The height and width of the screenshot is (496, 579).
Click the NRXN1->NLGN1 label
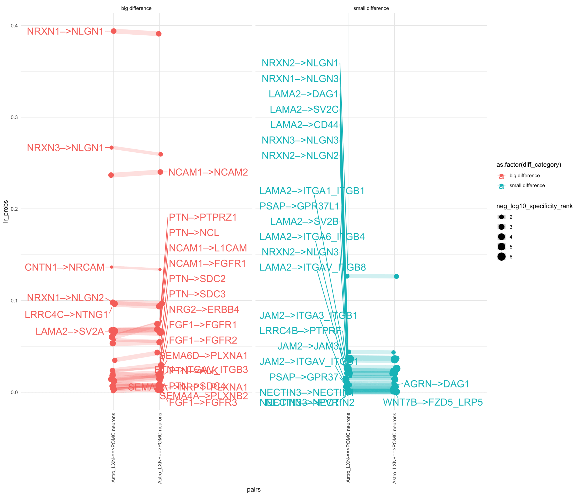[65, 31]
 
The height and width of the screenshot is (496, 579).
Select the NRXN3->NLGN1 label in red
[65, 148]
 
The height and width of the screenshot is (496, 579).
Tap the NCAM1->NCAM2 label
[208, 172]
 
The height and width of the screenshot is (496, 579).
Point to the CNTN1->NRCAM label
[65, 267]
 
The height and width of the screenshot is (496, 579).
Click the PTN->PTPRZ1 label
[203, 217]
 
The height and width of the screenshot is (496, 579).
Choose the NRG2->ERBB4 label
[204, 309]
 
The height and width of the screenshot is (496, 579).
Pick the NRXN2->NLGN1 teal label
[300, 63]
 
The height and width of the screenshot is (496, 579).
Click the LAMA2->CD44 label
[304, 125]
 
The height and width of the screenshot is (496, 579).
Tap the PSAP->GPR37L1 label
[299, 206]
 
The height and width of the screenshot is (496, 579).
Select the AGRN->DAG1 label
[437, 384]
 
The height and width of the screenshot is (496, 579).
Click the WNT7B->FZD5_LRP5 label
[433, 402]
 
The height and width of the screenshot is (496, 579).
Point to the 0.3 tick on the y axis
[14, 117]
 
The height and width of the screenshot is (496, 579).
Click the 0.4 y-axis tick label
[14, 26]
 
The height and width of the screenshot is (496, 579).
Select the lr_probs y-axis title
[6, 211]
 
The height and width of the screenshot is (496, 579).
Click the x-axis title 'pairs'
[254, 490]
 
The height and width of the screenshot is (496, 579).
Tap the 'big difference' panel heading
[136, 8]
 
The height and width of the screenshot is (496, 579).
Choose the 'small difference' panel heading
[371, 8]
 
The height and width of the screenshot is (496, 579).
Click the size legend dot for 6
[502, 257]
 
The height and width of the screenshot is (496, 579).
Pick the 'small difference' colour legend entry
[527, 185]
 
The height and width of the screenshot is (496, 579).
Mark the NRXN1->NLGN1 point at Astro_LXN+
[159, 34]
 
